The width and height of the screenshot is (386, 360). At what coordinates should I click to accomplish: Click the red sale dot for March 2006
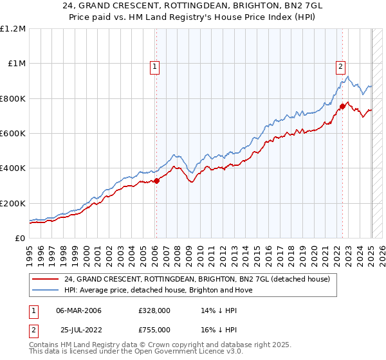156,181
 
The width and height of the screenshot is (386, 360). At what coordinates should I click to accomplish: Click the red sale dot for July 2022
343,107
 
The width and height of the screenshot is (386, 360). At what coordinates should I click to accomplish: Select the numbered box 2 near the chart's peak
340,66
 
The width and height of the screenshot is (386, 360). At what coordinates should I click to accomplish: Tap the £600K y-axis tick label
13,134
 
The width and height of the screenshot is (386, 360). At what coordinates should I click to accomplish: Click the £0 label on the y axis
19,239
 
